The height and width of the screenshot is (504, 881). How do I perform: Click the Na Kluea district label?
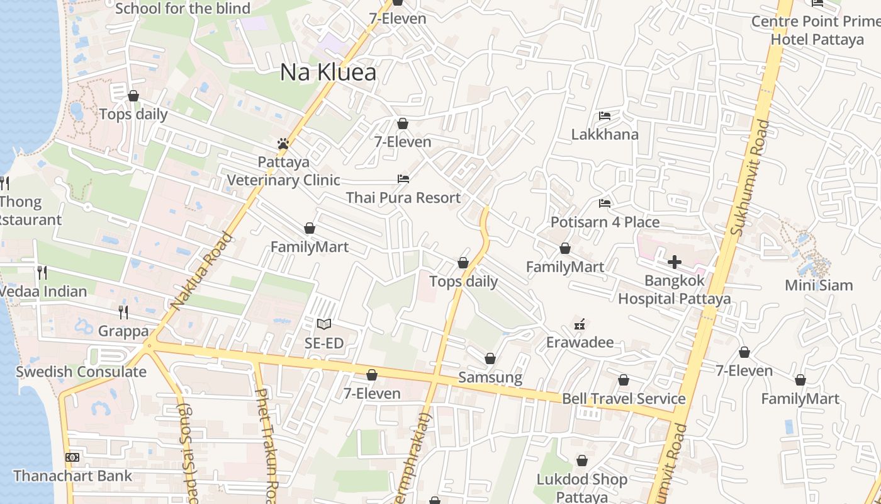328,72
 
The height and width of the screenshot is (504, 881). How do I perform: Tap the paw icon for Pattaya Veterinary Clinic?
283,144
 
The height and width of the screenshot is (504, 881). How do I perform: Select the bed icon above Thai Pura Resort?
403,179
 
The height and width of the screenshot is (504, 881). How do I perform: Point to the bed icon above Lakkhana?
605,115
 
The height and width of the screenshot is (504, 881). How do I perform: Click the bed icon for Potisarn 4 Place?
605,203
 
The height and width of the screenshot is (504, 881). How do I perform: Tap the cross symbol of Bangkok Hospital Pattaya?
675,261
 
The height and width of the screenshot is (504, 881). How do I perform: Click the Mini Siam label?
819,285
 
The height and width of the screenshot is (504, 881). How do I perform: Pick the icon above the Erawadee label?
580,324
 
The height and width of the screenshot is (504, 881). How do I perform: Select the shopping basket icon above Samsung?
490,358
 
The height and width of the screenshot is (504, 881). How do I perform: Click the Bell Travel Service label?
624,399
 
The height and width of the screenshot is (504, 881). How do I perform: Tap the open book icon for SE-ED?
324,324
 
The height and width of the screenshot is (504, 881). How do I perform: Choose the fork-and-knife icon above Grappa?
123,312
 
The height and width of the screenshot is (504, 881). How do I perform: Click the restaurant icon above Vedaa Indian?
42,272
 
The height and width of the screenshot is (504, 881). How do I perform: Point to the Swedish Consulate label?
81,372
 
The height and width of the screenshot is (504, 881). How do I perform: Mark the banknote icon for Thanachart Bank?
72,457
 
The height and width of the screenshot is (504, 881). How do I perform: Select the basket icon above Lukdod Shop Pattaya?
582,461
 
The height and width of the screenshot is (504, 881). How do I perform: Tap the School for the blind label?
182,9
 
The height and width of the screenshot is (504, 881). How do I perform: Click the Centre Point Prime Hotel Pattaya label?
817,30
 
